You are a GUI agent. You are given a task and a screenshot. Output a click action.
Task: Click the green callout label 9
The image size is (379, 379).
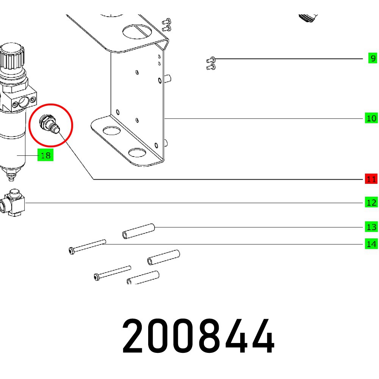click(373, 58)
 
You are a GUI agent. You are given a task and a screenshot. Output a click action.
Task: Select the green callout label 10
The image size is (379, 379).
click(371, 118)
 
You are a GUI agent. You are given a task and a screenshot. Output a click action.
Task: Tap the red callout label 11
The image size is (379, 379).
click(371, 179)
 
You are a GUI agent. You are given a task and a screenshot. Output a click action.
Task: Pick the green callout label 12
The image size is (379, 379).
click(371, 203)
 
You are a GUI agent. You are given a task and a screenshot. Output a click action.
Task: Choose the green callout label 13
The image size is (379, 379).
click(371, 227)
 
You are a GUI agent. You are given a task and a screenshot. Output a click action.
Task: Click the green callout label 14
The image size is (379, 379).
click(371, 244)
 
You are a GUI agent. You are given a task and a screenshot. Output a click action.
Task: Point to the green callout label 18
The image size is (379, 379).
click(45, 155)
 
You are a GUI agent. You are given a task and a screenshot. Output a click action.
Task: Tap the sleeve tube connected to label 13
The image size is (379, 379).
click(138, 231)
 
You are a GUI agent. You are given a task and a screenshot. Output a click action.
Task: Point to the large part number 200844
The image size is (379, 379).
click(198, 337)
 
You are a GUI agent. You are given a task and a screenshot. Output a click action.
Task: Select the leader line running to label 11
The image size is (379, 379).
click(227, 179)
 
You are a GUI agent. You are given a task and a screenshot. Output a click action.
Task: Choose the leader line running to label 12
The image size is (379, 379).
click(189, 203)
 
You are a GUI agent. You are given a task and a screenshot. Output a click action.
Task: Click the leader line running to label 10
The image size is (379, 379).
click(265, 118)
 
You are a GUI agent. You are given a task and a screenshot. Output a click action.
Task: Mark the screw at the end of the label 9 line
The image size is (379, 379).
click(211, 59)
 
